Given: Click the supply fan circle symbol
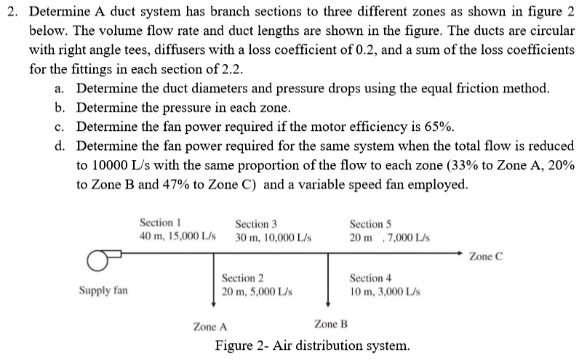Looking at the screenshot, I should tap(95, 260).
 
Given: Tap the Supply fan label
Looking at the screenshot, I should tap(103, 290).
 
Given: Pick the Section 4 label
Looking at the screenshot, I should tap(370, 278).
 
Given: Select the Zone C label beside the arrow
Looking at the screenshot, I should tap(486, 256).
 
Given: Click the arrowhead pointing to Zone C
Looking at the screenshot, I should tap(458, 255).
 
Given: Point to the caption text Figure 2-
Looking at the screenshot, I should tap(239, 345).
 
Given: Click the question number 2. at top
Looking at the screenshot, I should tap(15, 12).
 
